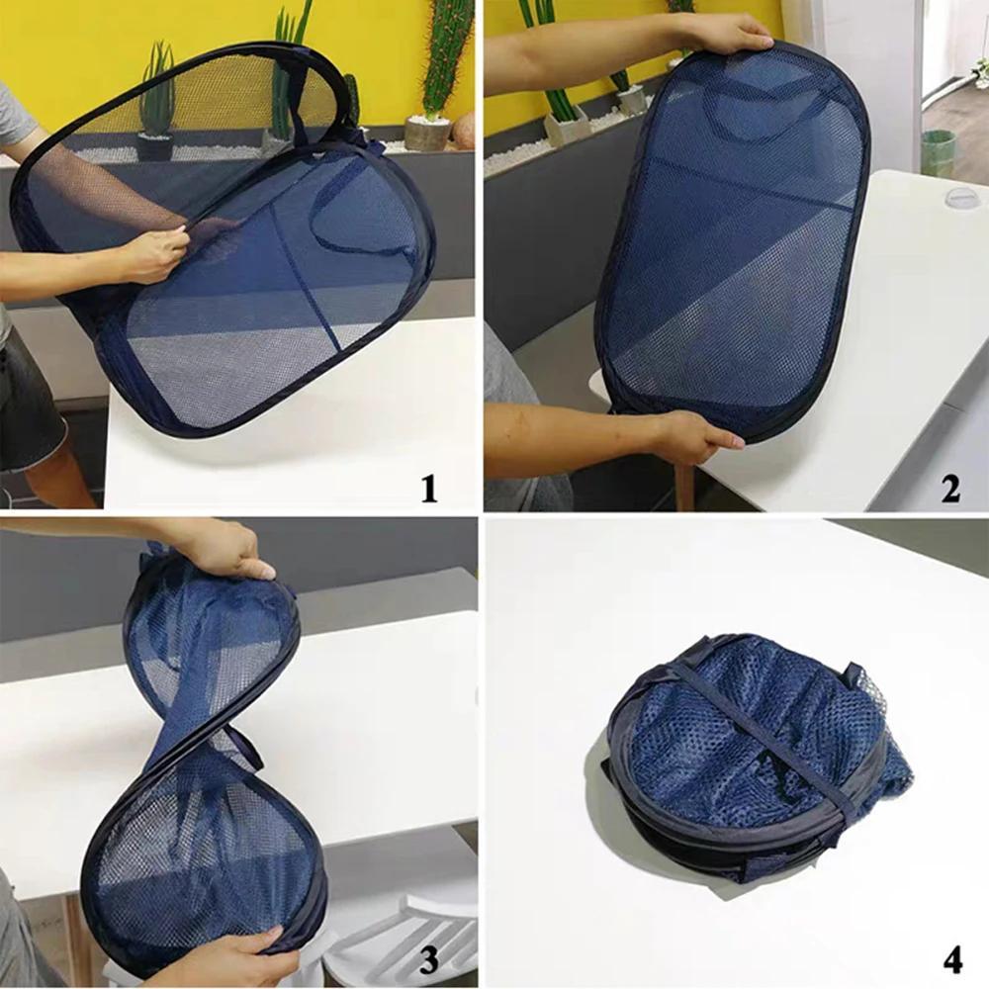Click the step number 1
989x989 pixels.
428,488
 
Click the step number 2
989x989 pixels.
950,488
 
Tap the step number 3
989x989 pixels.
428,957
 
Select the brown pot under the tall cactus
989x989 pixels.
427,134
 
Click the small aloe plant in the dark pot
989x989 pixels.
155,99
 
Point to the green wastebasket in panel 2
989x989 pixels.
939,153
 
